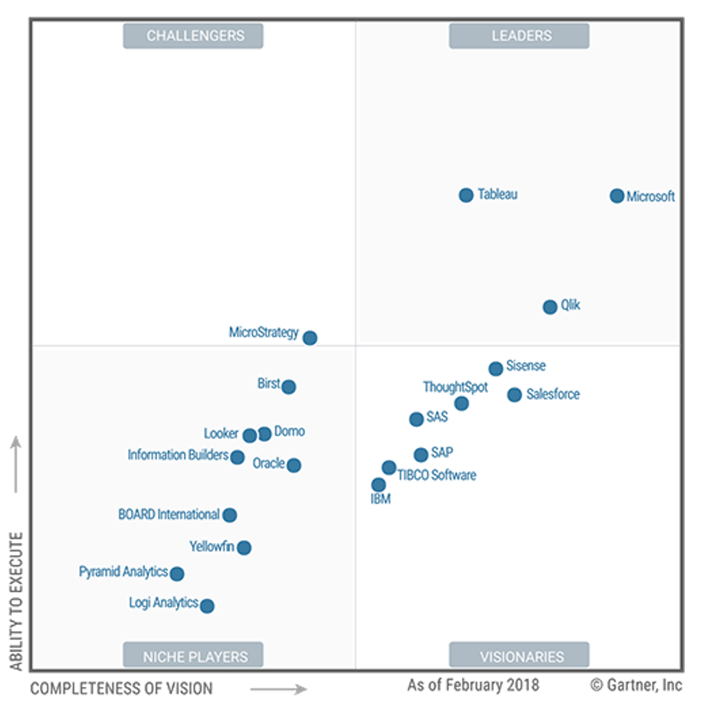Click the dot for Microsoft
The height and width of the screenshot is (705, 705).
point(617,196)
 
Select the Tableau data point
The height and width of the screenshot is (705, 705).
point(466,195)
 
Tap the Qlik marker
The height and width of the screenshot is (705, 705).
point(550,307)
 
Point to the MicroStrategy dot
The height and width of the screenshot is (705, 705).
point(310,338)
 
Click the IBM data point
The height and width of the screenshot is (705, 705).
point(378,485)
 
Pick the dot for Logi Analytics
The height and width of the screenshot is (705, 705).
point(207,606)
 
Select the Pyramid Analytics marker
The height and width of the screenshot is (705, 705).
point(177,574)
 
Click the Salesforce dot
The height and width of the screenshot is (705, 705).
point(514,395)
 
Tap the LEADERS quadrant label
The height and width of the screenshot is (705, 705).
point(519,36)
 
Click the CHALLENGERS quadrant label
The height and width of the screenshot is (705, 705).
point(193,36)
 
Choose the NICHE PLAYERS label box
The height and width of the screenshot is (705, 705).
point(193,656)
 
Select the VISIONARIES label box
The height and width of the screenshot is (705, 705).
point(519,656)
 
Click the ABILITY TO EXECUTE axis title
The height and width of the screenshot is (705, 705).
point(16,601)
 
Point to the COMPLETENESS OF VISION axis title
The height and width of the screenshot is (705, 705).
point(121,689)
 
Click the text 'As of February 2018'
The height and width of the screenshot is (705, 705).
point(473,685)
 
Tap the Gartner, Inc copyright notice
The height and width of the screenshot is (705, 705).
point(637,685)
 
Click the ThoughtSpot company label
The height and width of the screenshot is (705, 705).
point(456,387)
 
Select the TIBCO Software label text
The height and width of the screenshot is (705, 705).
point(437,475)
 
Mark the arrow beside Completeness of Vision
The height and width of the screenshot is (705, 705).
point(278,689)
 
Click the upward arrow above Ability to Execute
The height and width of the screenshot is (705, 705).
point(16,463)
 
